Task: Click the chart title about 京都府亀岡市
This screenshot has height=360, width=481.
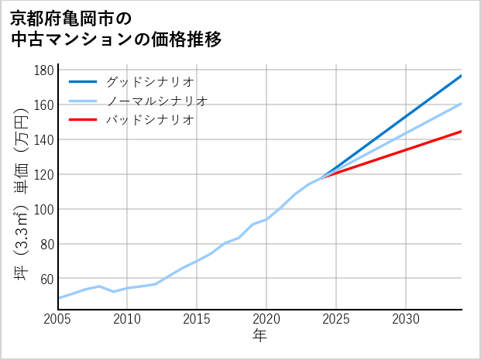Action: (116, 28)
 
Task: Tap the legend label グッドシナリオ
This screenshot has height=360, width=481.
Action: (149, 81)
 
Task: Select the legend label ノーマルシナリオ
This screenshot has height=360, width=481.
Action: (156, 101)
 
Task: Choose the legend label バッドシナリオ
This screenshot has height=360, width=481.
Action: (149, 120)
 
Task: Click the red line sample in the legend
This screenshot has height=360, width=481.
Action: (83, 120)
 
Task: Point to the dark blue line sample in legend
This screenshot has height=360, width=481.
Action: (83, 81)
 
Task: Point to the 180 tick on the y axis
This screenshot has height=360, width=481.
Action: (44, 70)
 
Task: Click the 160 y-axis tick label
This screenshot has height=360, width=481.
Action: (44, 105)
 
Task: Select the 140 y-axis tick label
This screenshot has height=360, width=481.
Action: (44, 139)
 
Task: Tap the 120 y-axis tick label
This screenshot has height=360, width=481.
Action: (44, 174)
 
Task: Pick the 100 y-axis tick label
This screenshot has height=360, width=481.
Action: (44, 209)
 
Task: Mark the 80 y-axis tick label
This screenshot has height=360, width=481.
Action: (47, 244)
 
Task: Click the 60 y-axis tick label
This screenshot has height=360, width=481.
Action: (47, 279)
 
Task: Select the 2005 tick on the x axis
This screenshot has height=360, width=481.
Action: (58, 319)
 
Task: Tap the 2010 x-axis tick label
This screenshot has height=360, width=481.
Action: (128, 319)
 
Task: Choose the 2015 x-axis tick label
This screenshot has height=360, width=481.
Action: (198, 319)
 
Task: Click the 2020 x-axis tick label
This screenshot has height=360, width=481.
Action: (266, 319)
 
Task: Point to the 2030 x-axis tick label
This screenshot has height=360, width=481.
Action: (406, 319)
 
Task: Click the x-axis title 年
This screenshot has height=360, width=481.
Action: (259, 336)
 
